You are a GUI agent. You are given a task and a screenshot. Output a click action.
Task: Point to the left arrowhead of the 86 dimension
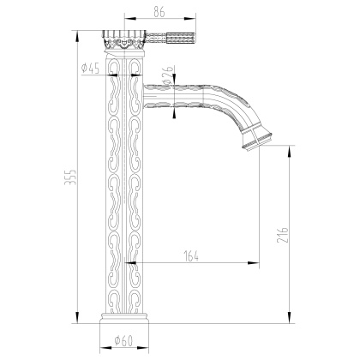tap(127, 17)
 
